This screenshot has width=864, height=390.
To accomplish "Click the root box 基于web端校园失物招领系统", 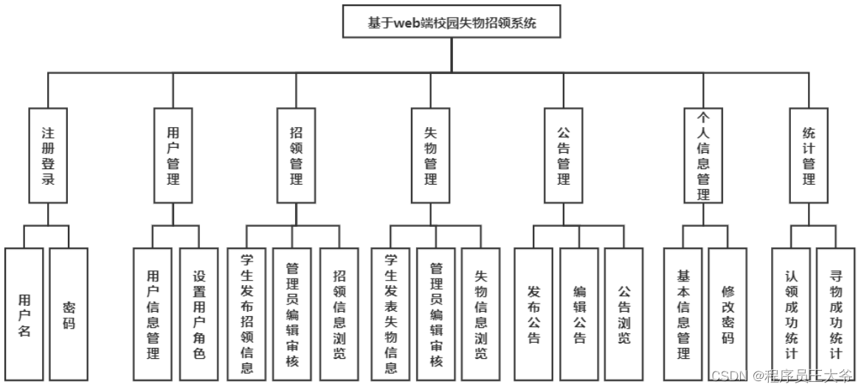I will coord(452,22).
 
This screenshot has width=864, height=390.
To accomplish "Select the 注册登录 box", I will coord(48,155).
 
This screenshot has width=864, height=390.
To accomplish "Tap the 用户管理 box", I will coord(173,155).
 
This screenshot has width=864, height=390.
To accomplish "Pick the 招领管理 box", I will coord(297,155).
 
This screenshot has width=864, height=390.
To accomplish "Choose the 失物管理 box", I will coord(430,155).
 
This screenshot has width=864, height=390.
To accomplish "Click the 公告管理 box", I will coord(564,155).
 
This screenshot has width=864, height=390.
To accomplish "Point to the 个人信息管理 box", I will coord(703,155).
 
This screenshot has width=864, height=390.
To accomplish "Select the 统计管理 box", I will coord(809,155).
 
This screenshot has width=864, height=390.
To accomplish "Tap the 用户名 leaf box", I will coord(24,315).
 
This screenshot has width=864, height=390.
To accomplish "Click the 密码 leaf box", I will coord(69,315).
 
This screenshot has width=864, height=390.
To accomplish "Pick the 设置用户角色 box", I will coord(198,315).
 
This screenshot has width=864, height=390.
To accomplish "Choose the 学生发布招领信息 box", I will coord(246,315).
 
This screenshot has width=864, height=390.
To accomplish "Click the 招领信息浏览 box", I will coord(339,315).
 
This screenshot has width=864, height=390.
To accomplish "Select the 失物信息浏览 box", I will coord(480,315).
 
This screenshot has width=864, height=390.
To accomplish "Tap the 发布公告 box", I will coord(533,315).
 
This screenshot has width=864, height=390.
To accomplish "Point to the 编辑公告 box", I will coord(579,315).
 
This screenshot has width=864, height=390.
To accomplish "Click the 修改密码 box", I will coord(728,315).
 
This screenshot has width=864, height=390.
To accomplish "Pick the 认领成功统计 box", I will coord(791,315).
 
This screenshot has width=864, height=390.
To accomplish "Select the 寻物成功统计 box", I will coord(835,315).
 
